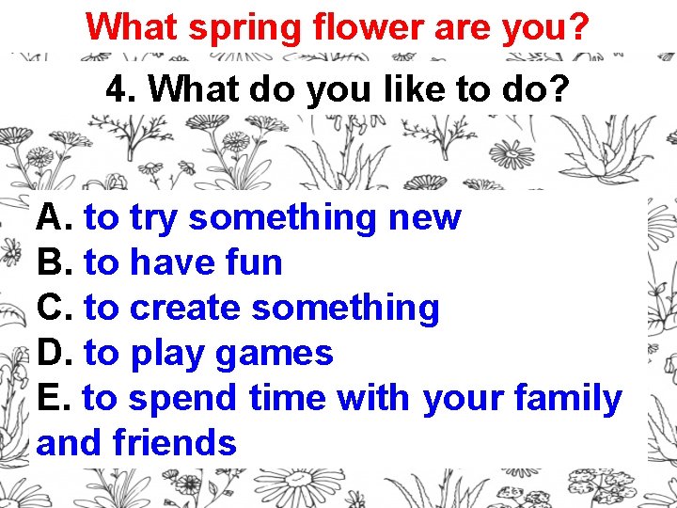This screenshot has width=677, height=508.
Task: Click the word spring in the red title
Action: pyautogui.click(x=241, y=27)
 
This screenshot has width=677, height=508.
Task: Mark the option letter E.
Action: pyautogui.click(x=52, y=399)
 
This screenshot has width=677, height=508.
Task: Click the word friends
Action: pyautogui.click(x=174, y=442)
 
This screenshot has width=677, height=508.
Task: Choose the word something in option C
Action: pyautogui.click(x=346, y=309)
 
